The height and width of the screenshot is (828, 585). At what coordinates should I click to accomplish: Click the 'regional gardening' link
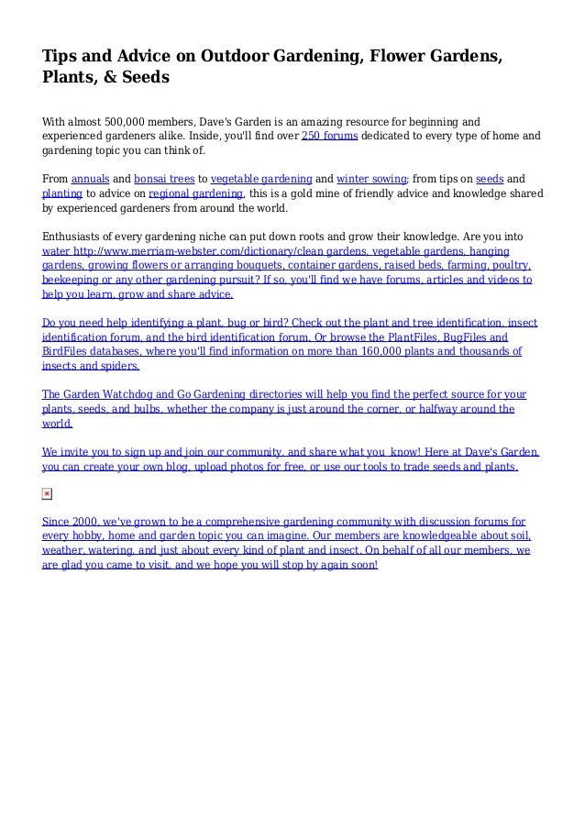pyautogui.click(x=195, y=194)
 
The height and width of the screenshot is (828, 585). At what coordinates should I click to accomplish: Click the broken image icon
pyautogui.click(x=48, y=494)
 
